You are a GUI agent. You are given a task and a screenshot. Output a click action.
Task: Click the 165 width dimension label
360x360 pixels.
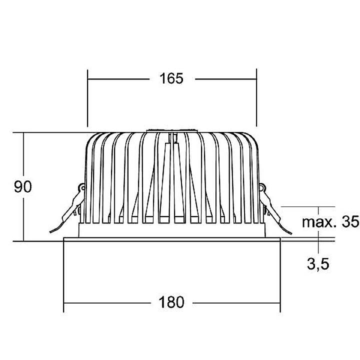[x=171, y=78]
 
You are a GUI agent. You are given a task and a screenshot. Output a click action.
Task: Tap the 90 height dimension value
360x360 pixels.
[x=22, y=187]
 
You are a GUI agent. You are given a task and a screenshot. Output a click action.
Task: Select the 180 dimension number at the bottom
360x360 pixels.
[x=171, y=302]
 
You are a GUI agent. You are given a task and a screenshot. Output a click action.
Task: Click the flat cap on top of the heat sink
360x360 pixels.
[x=171, y=131]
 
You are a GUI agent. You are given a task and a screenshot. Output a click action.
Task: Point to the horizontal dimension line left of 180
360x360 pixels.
[x=105, y=302]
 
